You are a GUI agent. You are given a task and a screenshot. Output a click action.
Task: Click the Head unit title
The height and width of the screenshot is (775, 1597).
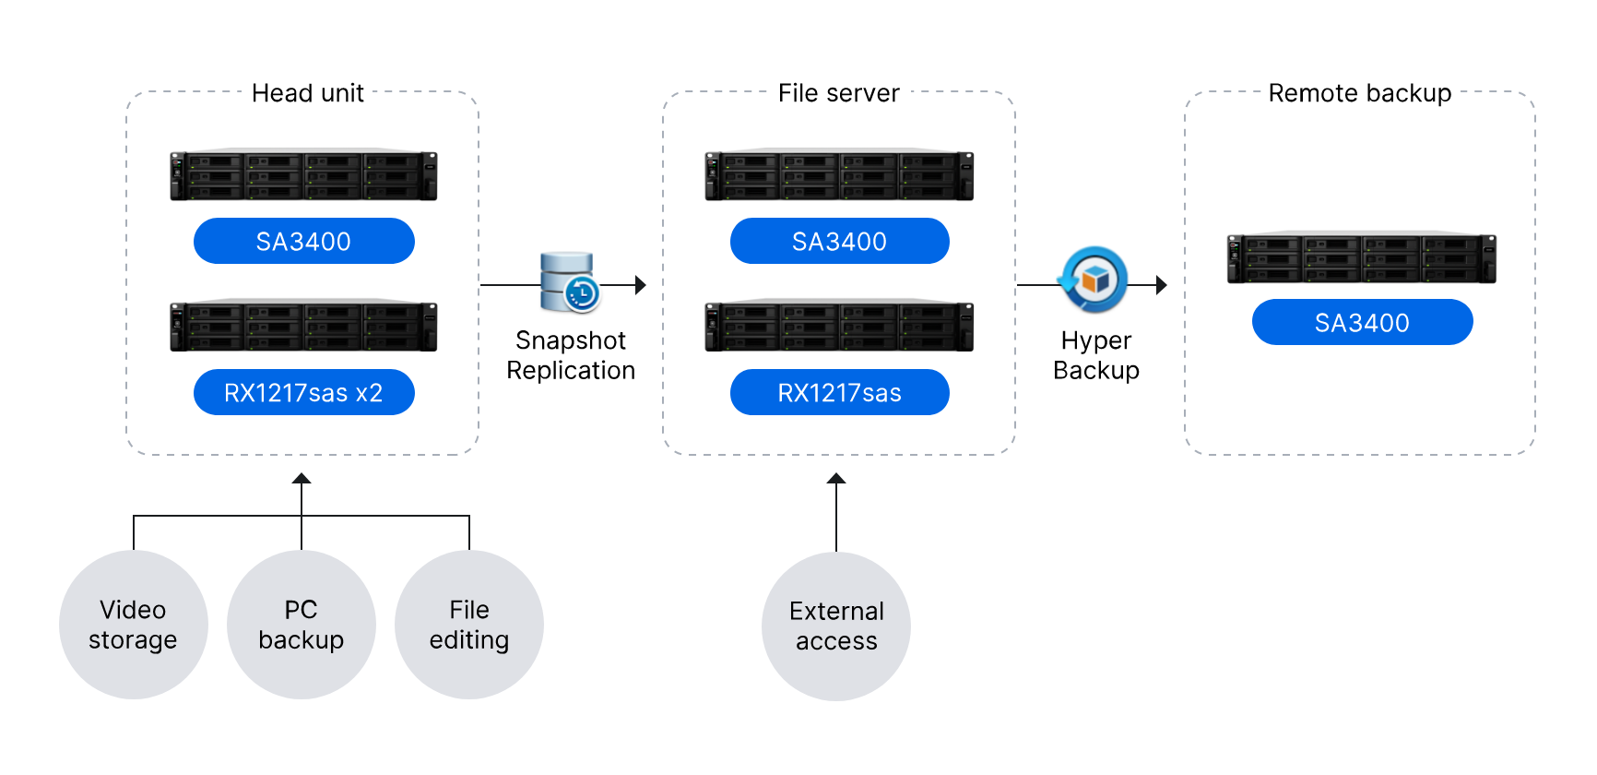[308, 93]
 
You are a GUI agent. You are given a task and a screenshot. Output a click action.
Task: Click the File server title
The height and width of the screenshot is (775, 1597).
[838, 93]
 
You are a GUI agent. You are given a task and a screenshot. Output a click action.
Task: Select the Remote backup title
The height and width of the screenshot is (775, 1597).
[1359, 93]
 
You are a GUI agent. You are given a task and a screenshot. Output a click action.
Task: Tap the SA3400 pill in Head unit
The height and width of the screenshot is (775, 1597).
[303, 242]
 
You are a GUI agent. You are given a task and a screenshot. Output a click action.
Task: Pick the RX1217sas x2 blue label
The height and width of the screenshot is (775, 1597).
[303, 393]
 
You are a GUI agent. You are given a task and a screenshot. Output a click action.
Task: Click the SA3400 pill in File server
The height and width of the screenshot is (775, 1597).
[839, 242]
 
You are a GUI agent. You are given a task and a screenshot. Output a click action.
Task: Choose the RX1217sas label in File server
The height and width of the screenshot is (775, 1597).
[839, 393]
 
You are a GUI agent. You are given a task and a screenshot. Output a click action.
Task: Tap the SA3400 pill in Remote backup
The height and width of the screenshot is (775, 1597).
[1362, 323]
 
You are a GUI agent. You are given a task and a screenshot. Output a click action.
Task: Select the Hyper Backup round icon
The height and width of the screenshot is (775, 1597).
[1094, 279]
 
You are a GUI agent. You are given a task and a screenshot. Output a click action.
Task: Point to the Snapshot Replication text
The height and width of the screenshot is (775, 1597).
[571, 355]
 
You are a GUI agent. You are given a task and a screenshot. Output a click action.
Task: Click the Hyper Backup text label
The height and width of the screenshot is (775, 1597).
[1095, 355]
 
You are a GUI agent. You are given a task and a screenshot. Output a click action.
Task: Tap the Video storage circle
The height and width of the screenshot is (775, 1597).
[133, 625]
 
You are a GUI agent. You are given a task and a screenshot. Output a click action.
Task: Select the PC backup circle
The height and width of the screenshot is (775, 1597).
[301, 625]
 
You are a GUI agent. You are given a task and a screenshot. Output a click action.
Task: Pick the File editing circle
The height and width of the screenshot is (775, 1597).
[468, 625]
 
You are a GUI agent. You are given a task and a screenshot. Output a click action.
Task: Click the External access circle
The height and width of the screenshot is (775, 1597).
[836, 626]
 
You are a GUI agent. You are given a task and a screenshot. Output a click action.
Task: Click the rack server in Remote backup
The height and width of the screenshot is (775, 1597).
[1361, 257]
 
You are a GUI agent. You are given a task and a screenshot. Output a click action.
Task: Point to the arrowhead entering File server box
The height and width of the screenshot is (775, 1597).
[640, 285]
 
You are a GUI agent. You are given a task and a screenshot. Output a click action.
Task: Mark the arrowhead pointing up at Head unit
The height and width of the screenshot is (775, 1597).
[302, 479]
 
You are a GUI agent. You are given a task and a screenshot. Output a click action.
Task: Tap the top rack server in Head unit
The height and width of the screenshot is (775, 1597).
[303, 175]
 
